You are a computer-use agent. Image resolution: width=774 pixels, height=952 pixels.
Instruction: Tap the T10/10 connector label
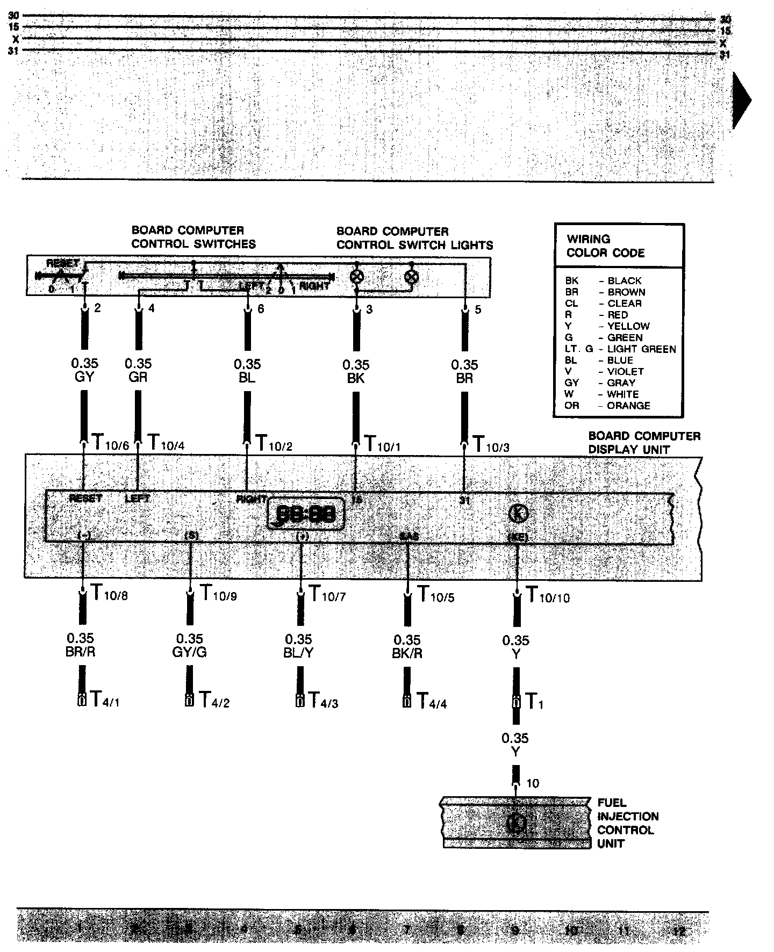coord(548,595)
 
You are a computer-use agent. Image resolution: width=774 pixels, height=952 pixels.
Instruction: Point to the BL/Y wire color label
coord(298,652)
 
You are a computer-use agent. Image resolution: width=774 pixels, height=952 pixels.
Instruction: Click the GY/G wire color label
coord(190,652)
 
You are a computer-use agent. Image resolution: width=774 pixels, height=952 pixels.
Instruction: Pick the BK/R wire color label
coord(407,653)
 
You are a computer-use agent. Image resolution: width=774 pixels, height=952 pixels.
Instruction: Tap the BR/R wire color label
coord(81,652)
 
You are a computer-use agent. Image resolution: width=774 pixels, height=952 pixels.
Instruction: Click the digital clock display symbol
coord(306,514)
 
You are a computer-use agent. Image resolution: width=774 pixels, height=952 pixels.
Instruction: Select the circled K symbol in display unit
coord(518,514)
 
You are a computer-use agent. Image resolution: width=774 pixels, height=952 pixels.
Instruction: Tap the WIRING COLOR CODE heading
coord(605,246)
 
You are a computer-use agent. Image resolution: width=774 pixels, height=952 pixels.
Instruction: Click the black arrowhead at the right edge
coord(741,100)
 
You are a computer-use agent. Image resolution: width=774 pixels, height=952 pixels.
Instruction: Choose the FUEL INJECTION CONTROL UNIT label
coord(627,823)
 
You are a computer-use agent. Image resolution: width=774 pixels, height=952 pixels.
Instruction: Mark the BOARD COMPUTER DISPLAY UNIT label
coord(644,443)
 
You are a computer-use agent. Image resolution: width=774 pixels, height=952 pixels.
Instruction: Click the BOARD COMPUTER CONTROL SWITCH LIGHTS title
coord(414,239)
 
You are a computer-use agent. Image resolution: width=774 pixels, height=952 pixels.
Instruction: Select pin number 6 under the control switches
coord(261,309)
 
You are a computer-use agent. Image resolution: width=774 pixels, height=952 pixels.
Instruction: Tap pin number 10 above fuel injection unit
coord(532,784)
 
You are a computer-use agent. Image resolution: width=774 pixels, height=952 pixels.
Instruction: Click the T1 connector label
coord(534,701)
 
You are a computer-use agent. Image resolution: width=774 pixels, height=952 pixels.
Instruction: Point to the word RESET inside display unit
coord(85,499)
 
